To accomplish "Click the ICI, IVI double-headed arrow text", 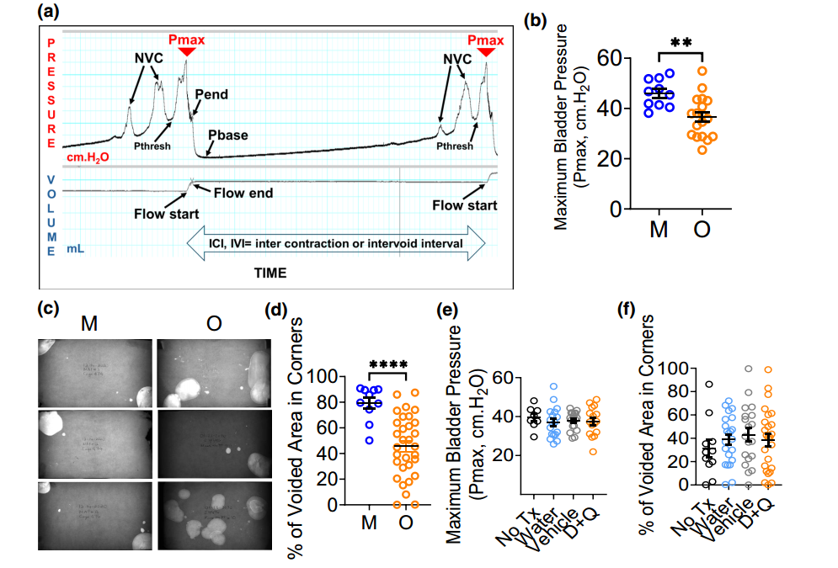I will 336,243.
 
